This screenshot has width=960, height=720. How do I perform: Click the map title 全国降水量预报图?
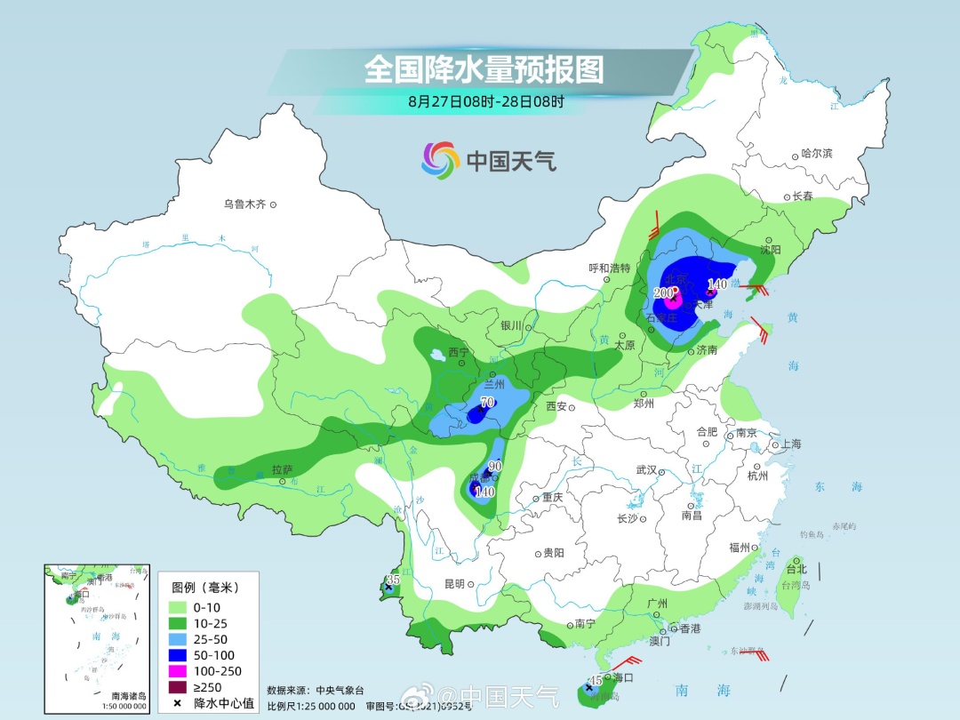[484, 68]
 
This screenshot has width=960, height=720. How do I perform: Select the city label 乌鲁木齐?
[244, 204]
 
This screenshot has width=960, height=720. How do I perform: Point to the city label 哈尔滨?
[816, 154]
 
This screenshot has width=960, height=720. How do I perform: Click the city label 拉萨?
[282, 469]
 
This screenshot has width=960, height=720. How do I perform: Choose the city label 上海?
[790, 444]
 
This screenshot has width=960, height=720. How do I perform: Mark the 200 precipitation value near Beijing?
[663, 292]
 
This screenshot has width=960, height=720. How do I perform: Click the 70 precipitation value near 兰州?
[486, 402]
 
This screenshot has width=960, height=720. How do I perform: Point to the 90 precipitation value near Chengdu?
[495, 466]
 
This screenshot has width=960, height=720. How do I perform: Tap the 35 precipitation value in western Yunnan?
[391, 580]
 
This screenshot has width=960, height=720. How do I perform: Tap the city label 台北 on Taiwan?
[796, 569]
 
